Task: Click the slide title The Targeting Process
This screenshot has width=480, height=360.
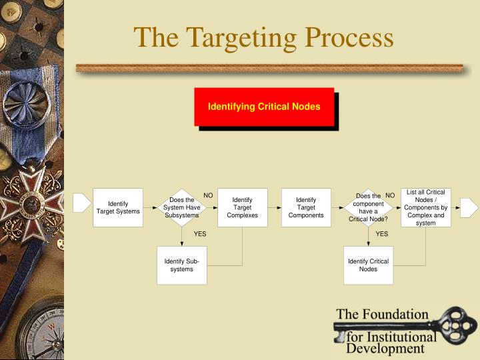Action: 263,37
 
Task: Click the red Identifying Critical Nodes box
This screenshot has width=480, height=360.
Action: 264,107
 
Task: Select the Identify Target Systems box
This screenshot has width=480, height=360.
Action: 118,207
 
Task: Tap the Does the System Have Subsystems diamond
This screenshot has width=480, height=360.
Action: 182,207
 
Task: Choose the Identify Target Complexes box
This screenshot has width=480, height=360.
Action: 242,207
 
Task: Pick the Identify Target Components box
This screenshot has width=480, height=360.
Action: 306,207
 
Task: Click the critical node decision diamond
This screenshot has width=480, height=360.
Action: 368,207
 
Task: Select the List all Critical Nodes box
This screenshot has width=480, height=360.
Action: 425,207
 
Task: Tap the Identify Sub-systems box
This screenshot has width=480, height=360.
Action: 181,265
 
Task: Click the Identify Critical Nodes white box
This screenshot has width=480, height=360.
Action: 368,265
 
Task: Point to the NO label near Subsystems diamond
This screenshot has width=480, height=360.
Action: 208,195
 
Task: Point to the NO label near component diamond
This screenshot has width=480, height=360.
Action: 391,195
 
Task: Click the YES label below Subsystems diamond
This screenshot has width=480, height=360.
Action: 200,234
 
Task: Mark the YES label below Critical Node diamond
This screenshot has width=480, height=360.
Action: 381,234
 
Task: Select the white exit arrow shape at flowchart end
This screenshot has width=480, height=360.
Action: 469,207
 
